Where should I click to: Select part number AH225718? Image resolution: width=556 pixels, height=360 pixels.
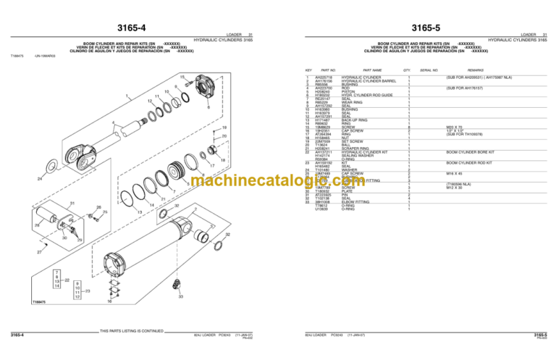click(x=324, y=77)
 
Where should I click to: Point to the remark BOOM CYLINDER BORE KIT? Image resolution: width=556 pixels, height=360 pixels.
click(x=470, y=153)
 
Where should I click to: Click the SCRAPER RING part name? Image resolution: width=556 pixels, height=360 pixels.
click(x=353, y=148)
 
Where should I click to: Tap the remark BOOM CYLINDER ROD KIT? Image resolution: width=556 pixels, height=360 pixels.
click(x=469, y=163)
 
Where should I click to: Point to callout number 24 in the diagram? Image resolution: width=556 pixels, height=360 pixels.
click(x=39, y=178)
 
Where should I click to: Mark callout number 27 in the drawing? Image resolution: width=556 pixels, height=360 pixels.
click(x=39, y=253)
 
